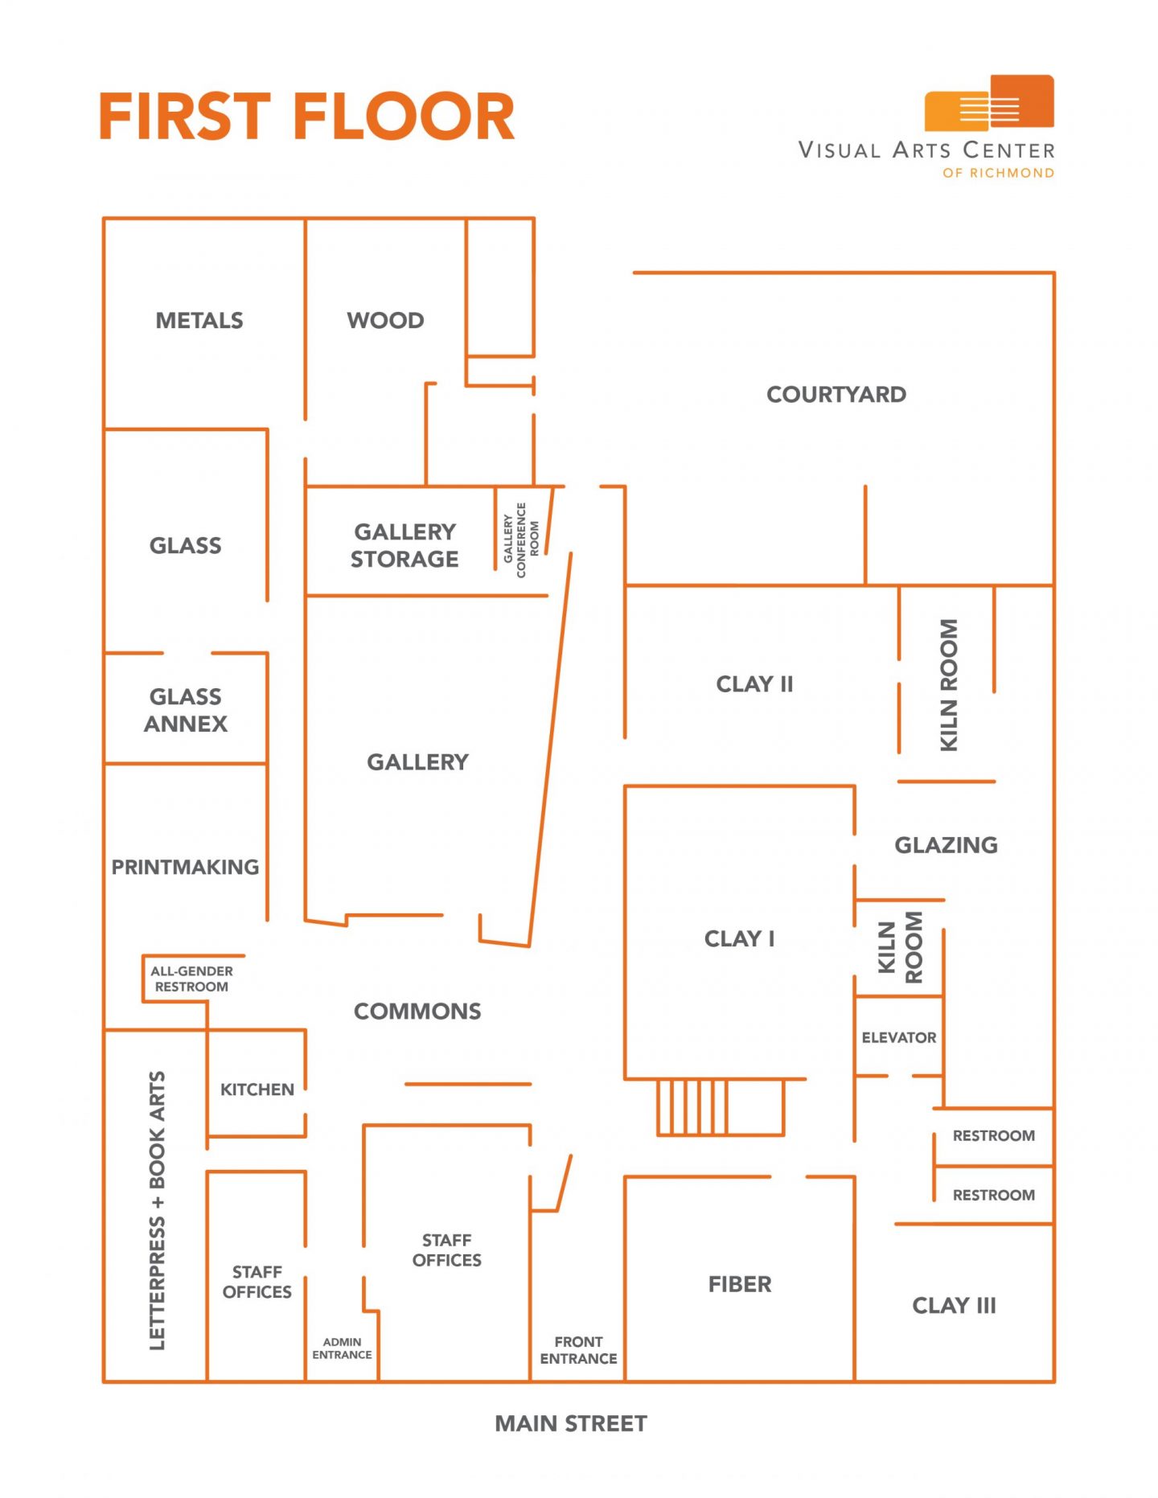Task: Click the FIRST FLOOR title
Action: point(306,117)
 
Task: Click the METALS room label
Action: point(199,321)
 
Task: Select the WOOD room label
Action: point(385,321)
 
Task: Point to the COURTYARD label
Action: point(836,395)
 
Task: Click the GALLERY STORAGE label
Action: point(404,545)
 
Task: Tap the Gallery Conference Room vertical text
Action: point(521,540)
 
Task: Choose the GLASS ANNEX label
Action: point(186,710)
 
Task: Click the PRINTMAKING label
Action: point(185,867)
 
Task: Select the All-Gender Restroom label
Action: point(191,979)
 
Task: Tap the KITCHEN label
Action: point(257,1090)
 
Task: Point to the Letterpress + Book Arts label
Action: point(157,1210)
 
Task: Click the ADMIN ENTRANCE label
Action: point(342,1348)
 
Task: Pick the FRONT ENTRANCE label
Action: point(578,1349)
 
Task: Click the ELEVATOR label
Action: point(899,1037)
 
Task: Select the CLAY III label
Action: point(954,1305)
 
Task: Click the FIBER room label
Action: point(740,1284)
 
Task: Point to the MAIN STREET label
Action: point(571,1423)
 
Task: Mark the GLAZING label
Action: point(946,845)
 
